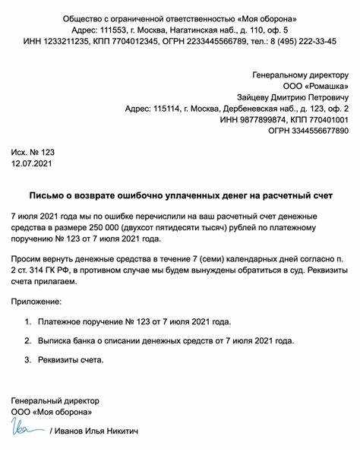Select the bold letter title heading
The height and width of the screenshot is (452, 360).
pyautogui.click(x=179, y=195)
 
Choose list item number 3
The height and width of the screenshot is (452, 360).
pyautogui.click(x=28, y=359)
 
